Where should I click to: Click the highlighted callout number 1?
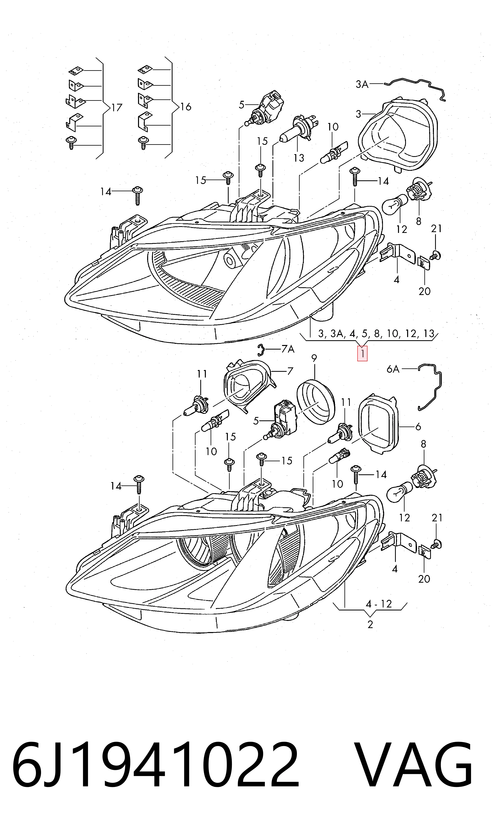[362, 354]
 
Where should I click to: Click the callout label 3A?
[362, 84]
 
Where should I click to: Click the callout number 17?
[116, 108]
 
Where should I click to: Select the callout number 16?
[186, 107]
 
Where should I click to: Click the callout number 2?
[370, 625]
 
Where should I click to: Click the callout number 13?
[299, 158]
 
